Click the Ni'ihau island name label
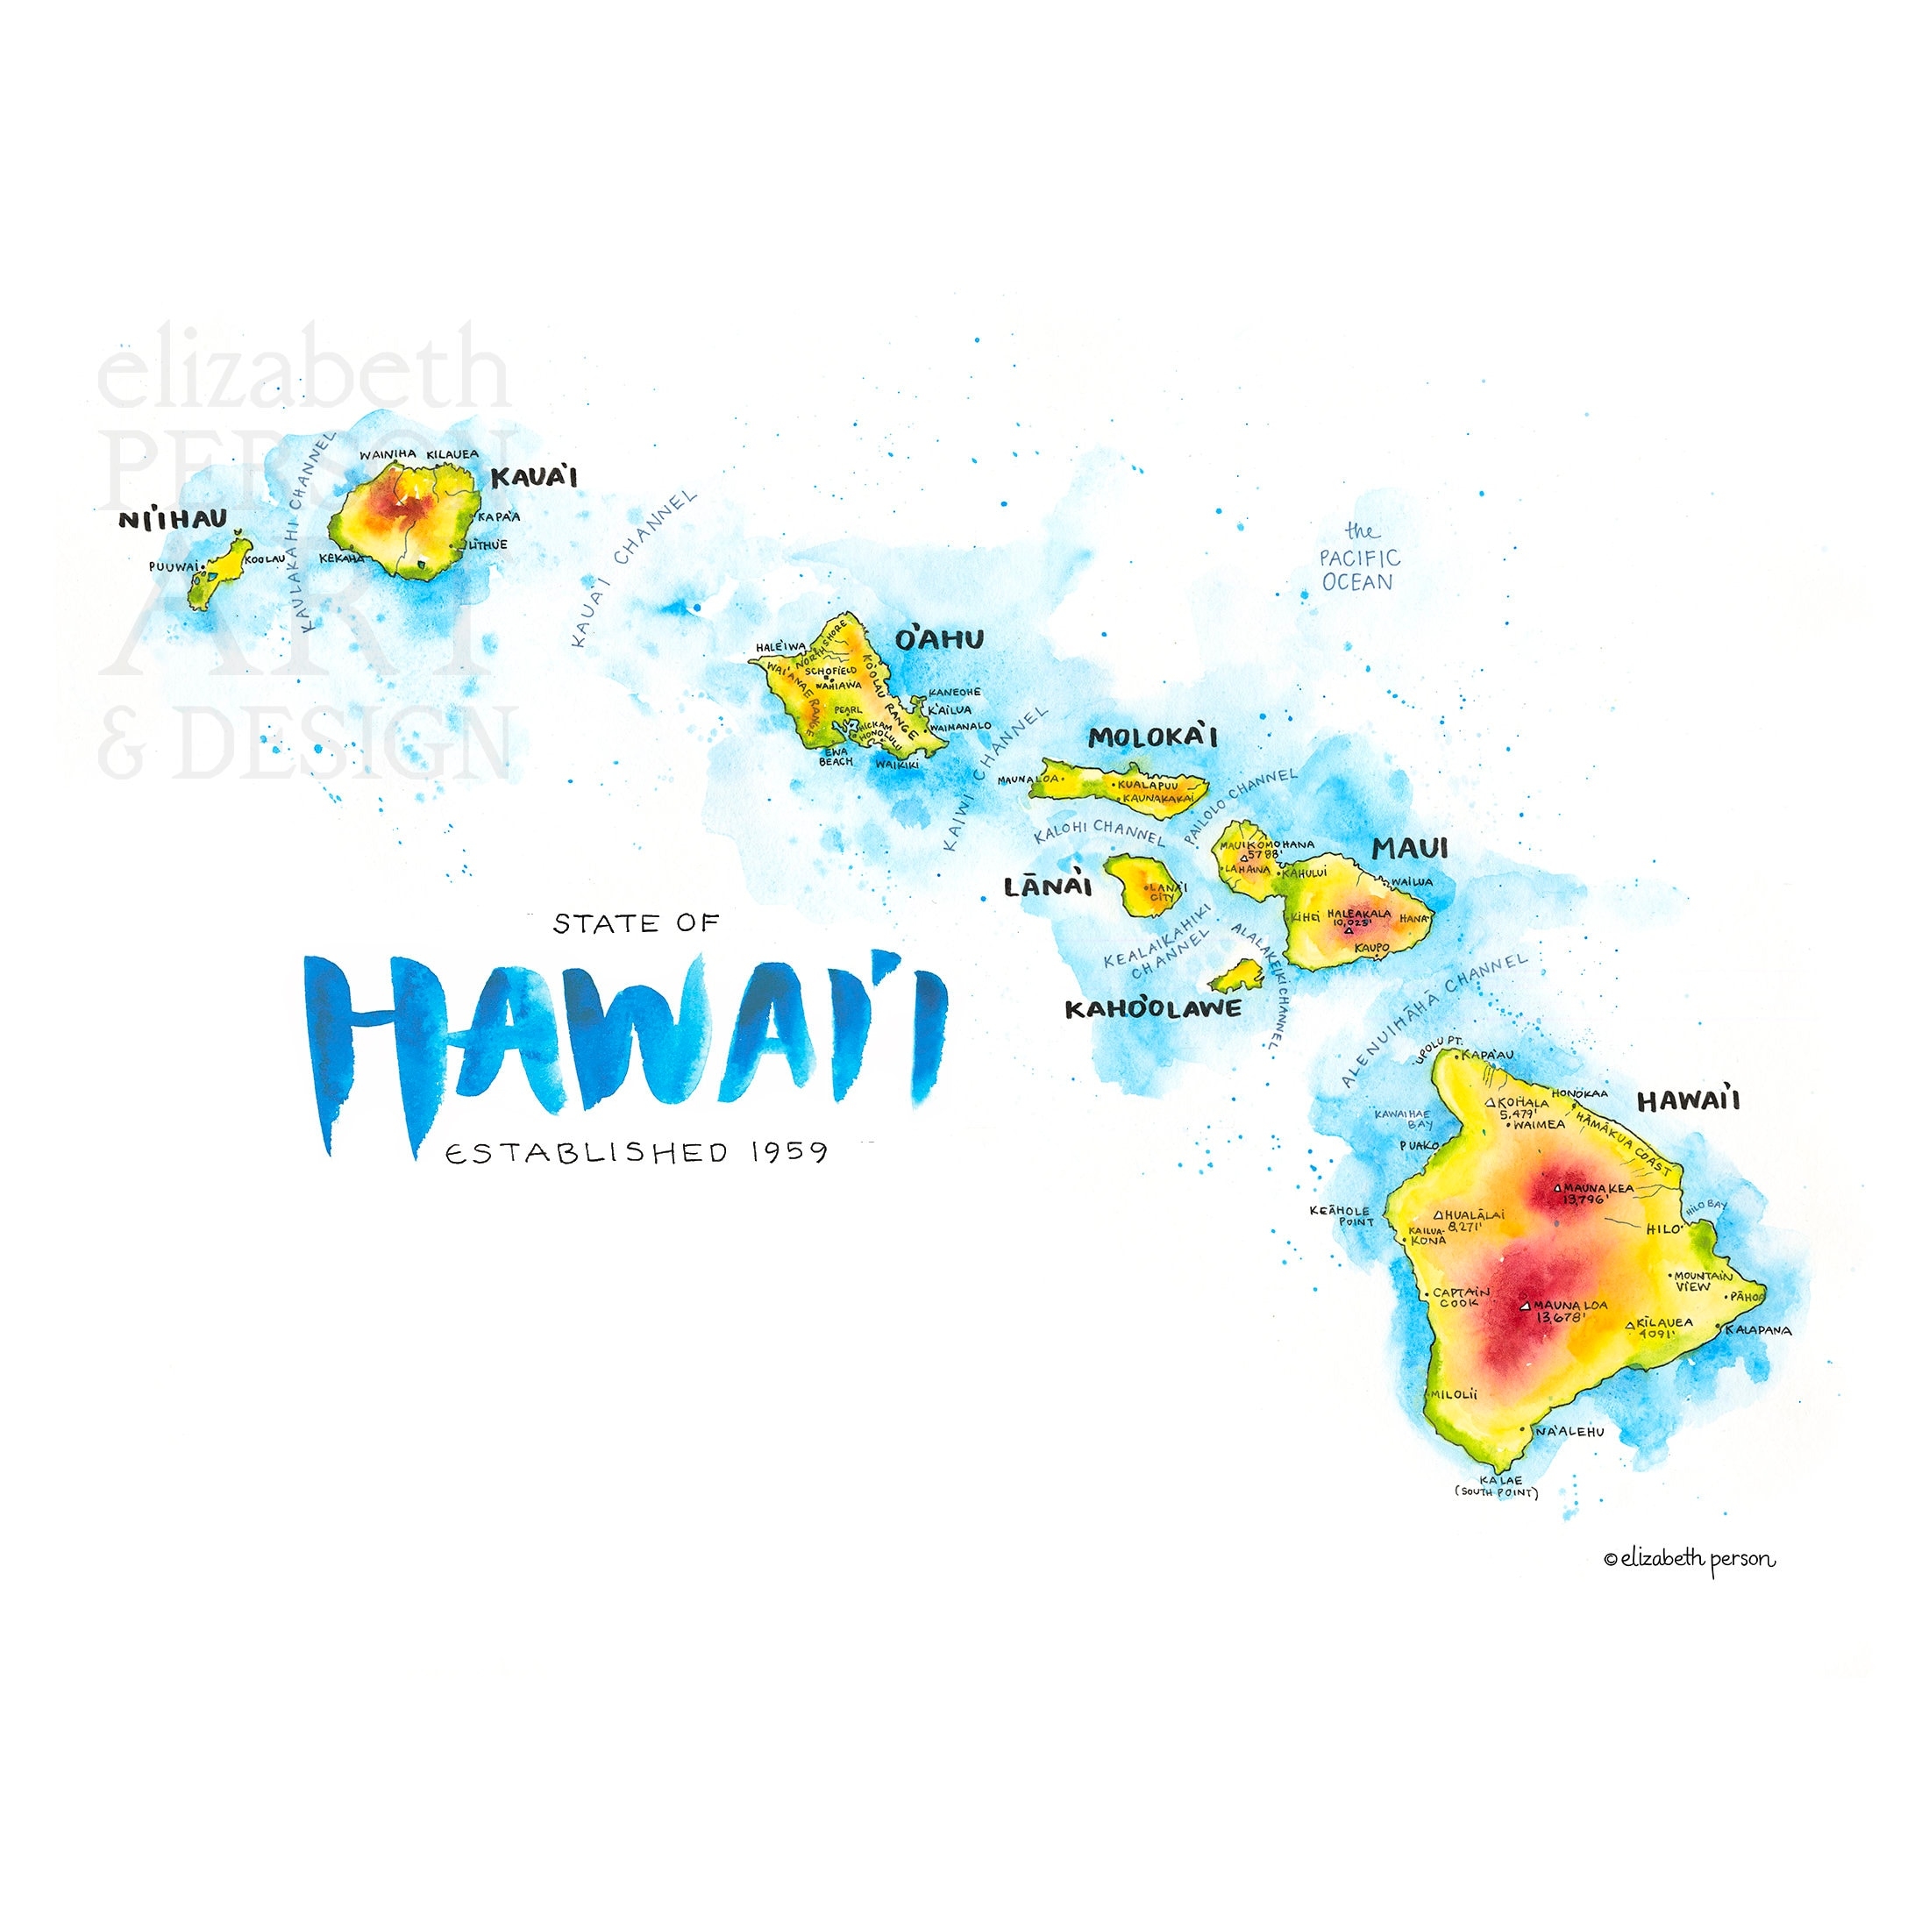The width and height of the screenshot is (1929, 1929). [173, 519]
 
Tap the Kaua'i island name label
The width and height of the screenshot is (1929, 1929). [534, 477]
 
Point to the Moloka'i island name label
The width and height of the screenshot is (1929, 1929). [1152, 738]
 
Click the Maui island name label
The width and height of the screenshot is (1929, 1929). [1409, 849]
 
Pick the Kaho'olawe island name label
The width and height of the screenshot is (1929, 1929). [1153, 1008]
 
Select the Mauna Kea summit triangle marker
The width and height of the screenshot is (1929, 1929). [1557, 1188]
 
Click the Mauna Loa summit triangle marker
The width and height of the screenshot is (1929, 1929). [1525, 1305]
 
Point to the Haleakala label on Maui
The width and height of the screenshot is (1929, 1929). [1359, 913]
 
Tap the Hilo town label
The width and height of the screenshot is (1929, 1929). [1663, 1229]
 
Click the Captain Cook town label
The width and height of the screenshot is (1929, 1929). [1461, 1297]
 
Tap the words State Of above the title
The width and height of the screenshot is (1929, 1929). [636, 923]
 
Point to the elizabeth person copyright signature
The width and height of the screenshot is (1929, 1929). [1690, 1559]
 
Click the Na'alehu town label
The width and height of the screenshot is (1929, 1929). [1570, 1432]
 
